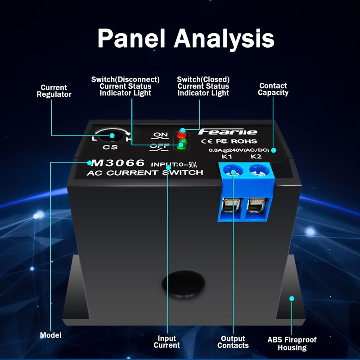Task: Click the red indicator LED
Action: coord(181,134)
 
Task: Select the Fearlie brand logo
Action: coord(228,132)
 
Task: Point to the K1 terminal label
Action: coord(227,157)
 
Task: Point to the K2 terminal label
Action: coord(256,157)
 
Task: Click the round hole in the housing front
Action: coord(183,283)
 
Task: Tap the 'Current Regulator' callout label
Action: coord(54,91)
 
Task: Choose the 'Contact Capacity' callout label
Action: coord(273,89)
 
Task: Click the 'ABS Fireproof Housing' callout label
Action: coord(292,343)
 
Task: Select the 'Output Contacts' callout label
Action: coord(233,342)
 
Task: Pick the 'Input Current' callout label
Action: coord(167,342)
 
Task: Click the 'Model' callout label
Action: coord(51,335)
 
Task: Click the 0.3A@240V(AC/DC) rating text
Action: coord(239,150)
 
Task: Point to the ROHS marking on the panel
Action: coord(244,141)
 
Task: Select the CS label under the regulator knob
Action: coord(110,147)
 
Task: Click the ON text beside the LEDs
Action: coord(161,134)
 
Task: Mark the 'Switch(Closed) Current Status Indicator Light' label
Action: coord(203,86)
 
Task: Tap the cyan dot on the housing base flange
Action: coord(292,298)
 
